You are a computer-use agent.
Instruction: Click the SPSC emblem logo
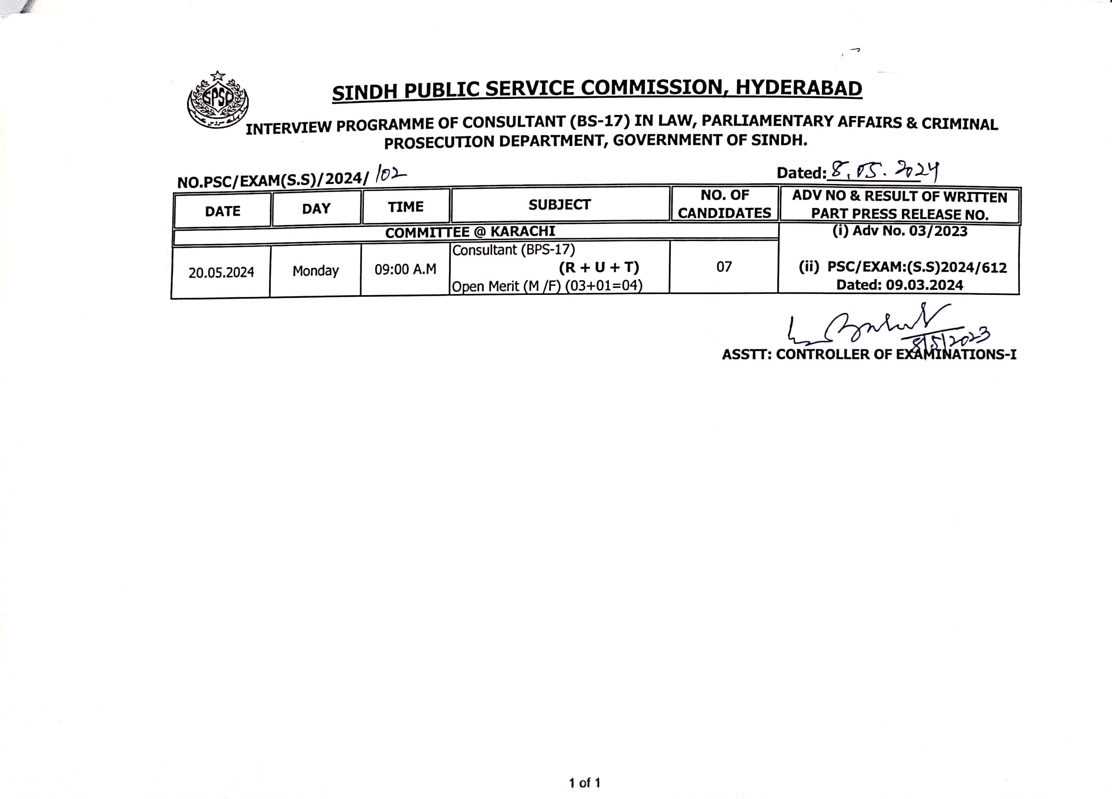[218, 100]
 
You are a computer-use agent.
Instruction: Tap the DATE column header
[222, 211]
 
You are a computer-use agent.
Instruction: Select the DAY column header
[316, 209]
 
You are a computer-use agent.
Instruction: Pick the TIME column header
[406, 207]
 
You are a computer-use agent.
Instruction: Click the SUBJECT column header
[559, 205]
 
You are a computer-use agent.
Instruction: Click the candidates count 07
[724, 267]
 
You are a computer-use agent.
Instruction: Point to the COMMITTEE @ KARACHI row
[470, 232]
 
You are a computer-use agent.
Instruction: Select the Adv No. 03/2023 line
[900, 231]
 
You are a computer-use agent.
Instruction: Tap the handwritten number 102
[390, 174]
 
